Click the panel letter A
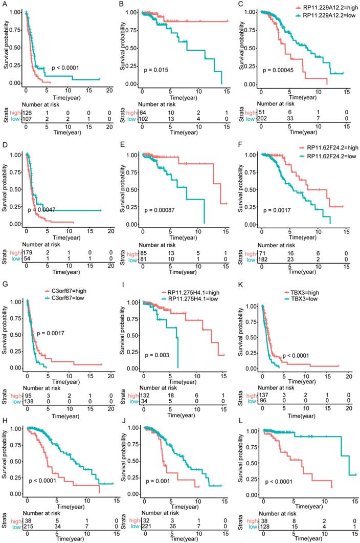(x=4, y=4)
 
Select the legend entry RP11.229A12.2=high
(x=318, y=9)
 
